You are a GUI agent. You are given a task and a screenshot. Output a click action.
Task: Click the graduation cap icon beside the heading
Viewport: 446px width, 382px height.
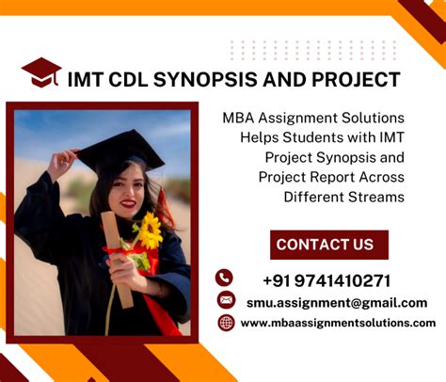click(x=41, y=73)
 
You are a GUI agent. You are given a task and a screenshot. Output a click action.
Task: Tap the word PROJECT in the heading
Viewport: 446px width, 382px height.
click(x=357, y=80)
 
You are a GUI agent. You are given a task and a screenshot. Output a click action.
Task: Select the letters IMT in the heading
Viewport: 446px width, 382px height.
click(x=87, y=80)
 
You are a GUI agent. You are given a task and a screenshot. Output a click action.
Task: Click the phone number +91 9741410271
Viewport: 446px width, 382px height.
click(x=327, y=279)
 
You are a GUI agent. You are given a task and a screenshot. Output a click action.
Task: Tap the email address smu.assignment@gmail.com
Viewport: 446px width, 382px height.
click(x=336, y=302)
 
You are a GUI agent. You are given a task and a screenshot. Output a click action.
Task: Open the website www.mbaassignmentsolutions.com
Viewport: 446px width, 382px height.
click(x=338, y=323)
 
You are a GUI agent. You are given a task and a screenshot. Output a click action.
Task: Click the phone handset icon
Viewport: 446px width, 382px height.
click(x=224, y=278)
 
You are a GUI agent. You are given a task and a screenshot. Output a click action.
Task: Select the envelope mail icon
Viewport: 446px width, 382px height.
click(x=225, y=300)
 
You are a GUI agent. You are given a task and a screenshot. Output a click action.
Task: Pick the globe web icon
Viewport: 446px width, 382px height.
click(x=226, y=323)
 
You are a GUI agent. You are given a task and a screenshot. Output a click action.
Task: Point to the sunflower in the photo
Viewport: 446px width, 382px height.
click(x=148, y=231)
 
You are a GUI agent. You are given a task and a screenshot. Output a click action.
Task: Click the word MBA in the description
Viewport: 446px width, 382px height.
click(x=240, y=118)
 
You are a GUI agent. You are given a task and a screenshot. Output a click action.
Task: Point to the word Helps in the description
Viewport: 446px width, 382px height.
click(x=261, y=137)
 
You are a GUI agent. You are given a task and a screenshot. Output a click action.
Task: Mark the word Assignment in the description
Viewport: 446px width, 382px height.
click(x=302, y=118)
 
